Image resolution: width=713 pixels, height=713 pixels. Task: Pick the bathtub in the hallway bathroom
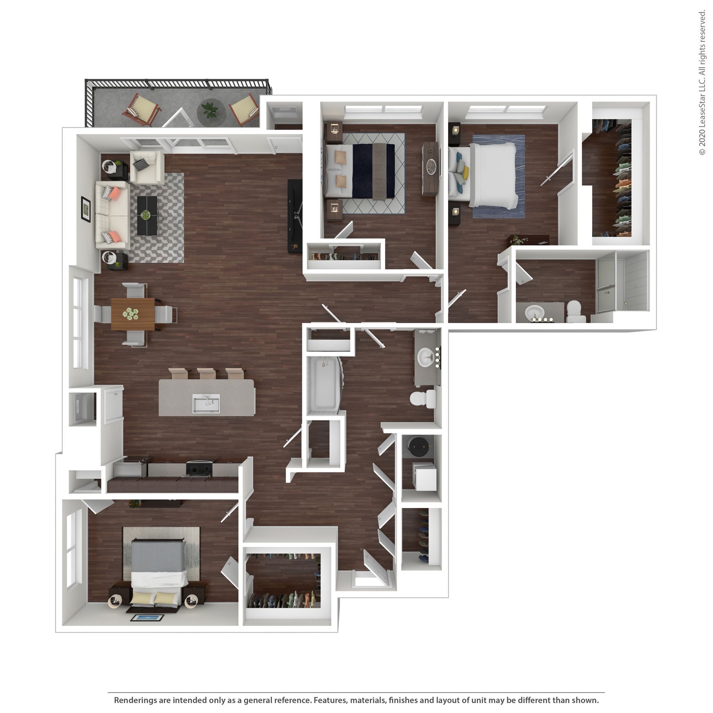click(324, 384)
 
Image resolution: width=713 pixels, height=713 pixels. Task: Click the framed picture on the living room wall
click(86, 209)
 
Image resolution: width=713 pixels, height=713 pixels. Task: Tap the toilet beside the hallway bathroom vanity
click(423, 398)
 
